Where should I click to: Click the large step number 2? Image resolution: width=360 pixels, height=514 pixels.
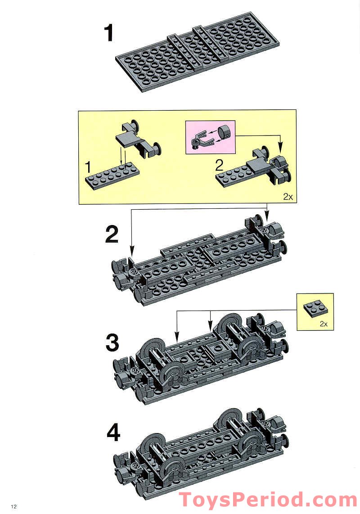[x=112, y=234]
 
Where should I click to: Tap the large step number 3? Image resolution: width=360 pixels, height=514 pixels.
[x=112, y=343]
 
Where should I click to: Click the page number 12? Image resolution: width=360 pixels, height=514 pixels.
[x=14, y=507]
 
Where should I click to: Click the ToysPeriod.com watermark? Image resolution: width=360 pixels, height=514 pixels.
[x=268, y=500]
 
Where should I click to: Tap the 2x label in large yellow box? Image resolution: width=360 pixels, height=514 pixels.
[x=288, y=197]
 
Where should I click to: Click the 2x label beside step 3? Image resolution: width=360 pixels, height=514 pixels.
[x=323, y=324]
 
